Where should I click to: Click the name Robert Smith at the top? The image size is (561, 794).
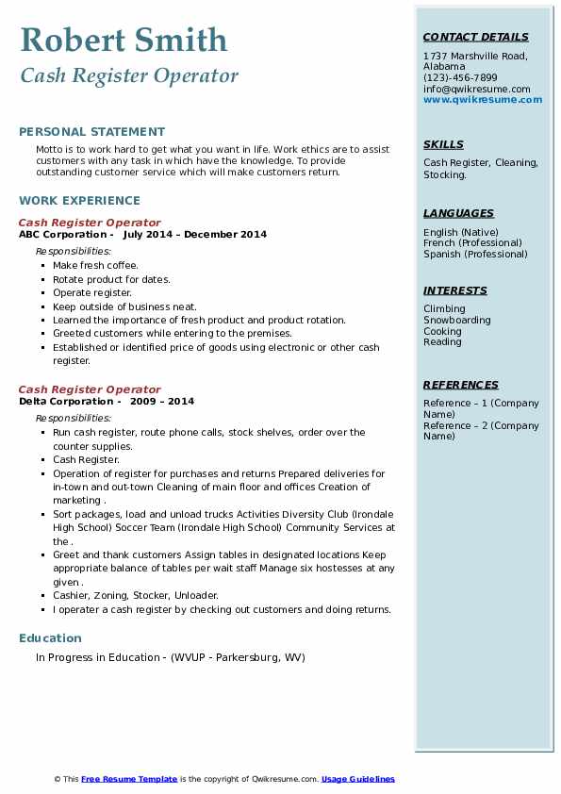(124, 40)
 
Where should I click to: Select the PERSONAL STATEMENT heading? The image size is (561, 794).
(91, 132)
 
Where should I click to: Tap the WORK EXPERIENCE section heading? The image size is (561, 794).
(79, 200)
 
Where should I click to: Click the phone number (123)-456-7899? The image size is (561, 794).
(460, 78)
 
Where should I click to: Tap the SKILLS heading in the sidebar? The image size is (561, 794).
(443, 144)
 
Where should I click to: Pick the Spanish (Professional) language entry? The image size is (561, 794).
(475, 254)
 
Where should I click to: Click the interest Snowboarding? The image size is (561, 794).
(457, 320)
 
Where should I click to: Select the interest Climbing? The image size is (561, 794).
(444, 308)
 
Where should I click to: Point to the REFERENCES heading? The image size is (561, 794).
(461, 385)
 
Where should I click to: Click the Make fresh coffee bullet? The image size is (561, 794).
(95, 266)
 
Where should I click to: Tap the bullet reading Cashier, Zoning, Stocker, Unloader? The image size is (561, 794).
(136, 595)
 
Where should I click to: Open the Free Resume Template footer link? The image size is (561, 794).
(129, 779)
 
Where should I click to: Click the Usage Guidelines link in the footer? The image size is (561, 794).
(357, 779)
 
